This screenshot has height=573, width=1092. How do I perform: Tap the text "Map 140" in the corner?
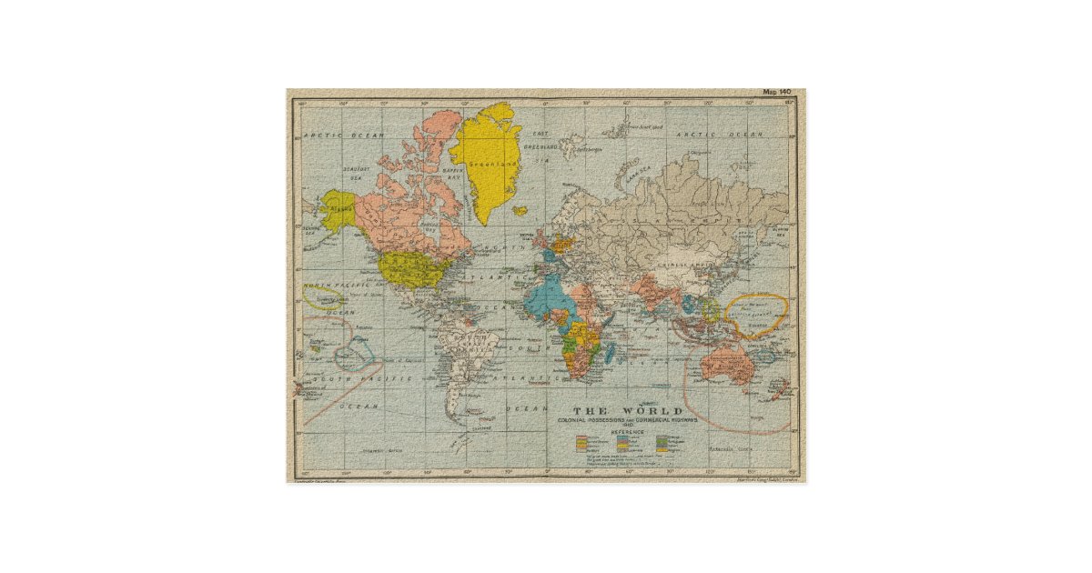pos(778,93)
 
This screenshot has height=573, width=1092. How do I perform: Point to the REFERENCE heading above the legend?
pos(628,431)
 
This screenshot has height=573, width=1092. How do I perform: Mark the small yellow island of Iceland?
pos(521,211)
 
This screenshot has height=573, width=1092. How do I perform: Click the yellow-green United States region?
pos(409,268)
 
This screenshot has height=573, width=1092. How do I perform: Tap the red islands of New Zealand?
pos(779,390)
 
